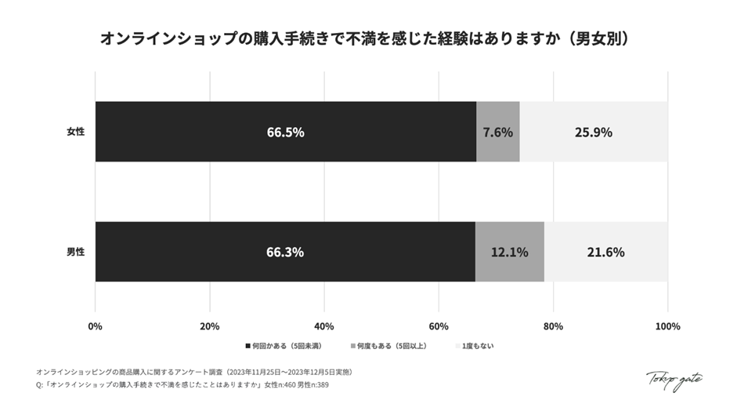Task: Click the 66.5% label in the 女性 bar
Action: [x=285, y=132]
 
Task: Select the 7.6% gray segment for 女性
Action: [x=498, y=132]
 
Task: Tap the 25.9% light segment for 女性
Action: [x=593, y=132]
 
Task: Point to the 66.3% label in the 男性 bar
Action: [x=285, y=252]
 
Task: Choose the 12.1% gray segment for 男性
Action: [x=509, y=252]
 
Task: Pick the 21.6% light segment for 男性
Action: [x=605, y=252]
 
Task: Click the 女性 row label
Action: [x=75, y=132]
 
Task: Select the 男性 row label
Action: [x=75, y=252]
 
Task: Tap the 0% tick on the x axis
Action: [x=96, y=326]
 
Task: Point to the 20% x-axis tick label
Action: [x=209, y=326]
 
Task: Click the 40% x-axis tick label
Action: [x=323, y=326]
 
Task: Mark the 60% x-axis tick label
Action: [x=439, y=326]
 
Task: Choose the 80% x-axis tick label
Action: [x=553, y=326]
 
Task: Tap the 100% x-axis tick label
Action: [x=667, y=326]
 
